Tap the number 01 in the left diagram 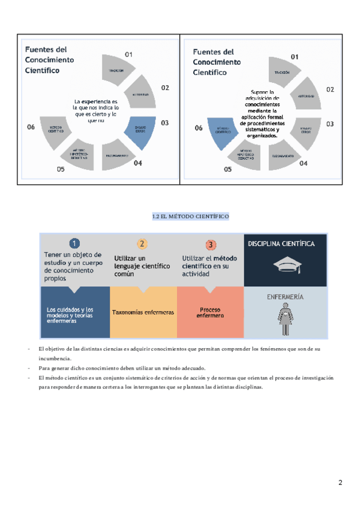point(128,55)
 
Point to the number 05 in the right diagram point(227,170)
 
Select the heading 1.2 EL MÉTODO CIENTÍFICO point(191,216)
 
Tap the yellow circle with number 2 point(142,244)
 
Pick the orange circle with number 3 point(211,244)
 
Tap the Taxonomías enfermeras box point(143,313)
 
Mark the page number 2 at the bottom point(340,483)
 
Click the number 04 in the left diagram point(138,163)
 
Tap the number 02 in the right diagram point(330,89)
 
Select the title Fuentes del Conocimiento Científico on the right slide point(217,62)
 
